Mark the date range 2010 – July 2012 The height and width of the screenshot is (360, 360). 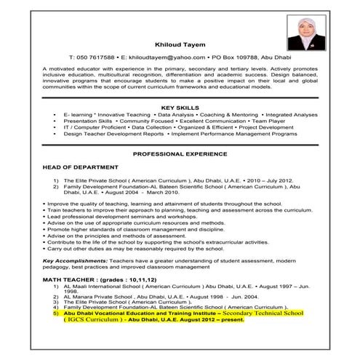click(232, 180)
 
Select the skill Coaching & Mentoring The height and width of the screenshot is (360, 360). click(222, 115)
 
